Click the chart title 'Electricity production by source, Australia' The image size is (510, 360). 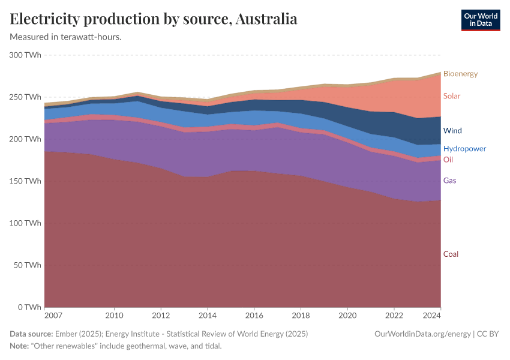[x=154, y=19]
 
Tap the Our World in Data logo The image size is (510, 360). [x=480, y=20]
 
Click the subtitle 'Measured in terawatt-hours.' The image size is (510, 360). [x=66, y=37]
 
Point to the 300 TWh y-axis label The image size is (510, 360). [x=25, y=55]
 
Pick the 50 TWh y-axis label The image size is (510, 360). [x=27, y=265]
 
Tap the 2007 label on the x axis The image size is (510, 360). [x=53, y=315]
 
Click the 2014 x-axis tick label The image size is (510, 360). [x=208, y=315]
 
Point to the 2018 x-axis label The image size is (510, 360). [x=301, y=315]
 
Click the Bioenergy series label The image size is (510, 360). [x=460, y=74]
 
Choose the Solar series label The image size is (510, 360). [x=452, y=96]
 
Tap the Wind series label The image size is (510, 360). [x=452, y=131]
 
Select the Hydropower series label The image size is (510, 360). [x=464, y=149]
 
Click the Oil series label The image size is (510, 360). [x=448, y=160]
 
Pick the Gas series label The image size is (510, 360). [x=450, y=181]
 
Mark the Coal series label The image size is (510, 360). [x=451, y=254]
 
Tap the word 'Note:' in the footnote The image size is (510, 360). [x=20, y=346]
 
